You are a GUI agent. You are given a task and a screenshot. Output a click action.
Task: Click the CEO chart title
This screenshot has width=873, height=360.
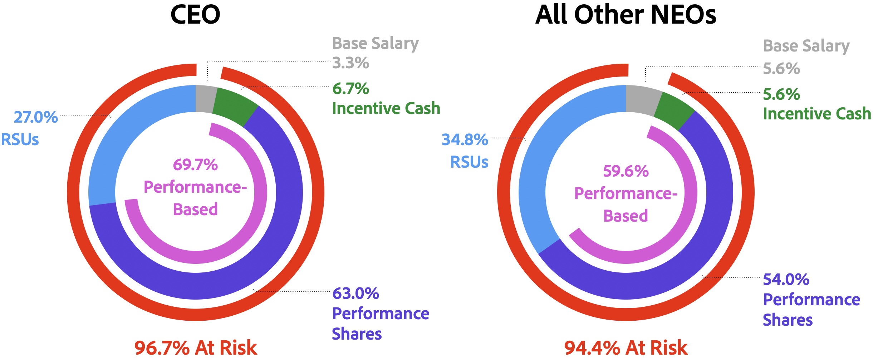click(195, 15)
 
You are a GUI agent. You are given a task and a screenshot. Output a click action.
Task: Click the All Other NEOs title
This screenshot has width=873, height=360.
click(626, 15)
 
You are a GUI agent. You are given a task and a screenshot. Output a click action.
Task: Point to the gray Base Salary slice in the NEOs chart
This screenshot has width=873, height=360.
click(642, 100)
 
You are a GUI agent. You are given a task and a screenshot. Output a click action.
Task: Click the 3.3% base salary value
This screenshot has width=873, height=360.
click(350, 63)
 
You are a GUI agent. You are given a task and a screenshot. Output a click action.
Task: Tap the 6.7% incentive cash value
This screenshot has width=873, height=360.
click(350, 89)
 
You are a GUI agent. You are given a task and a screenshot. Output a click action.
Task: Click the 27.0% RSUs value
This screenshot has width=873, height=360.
click(36, 117)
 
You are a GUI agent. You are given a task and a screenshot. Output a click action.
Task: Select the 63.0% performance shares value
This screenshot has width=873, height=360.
click(355, 294)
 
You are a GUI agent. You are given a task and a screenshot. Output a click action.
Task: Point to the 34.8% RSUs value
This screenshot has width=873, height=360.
click(465, 140)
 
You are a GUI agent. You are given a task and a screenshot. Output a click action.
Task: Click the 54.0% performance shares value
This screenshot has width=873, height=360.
click(786, 280)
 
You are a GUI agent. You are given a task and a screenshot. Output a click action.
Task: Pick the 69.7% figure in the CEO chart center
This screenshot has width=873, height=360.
click(195, 165)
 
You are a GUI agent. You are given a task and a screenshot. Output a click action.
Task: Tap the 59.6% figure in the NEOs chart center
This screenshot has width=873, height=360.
click(626, 171)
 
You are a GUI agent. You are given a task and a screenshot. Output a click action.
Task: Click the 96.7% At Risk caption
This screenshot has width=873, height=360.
click(196, 348)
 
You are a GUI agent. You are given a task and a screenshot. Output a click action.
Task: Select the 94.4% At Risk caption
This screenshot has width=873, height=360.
click(626, 348)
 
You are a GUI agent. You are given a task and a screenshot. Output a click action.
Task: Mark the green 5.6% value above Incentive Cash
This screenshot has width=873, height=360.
click(781, 95)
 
